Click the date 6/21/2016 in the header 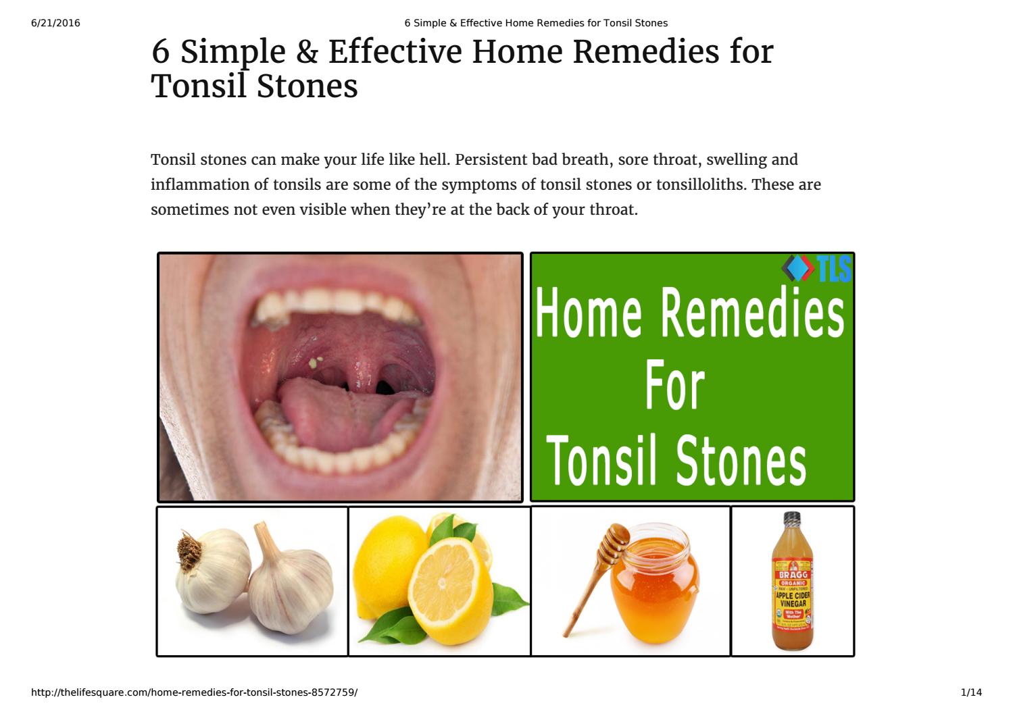[x=55, y=23]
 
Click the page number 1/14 [x=970, y=692]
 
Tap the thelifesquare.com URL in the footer [x=195, y=692]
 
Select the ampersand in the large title [x=306, y=53]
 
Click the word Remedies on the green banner [x=751, y=313]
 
